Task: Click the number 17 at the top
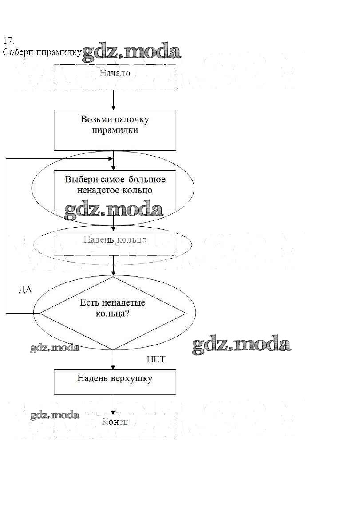click(8, 41)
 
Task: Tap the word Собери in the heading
click(16, 52)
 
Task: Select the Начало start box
click(115, 77)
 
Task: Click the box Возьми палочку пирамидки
click(115, 130)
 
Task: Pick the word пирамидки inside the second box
click(115, 130)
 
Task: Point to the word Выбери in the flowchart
click(79, 180)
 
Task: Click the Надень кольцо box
click(115, 243)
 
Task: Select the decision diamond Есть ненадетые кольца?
click(113, 313)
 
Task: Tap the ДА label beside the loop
click(25, 290)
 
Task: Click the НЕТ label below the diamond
click(156, 360)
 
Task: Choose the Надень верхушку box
click(115, 382)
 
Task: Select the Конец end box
click(115, 426)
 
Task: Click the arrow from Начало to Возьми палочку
click(114, 100)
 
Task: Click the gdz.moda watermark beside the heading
click(132, 52)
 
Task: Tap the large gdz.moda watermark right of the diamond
click(241, 345)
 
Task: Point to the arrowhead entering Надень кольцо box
click(114, 228)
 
